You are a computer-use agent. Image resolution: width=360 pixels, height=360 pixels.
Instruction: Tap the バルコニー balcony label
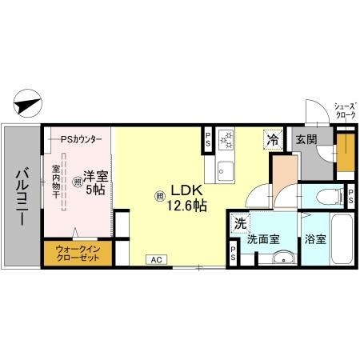[22, 196]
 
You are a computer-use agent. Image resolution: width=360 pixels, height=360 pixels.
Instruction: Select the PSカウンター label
[82, 139]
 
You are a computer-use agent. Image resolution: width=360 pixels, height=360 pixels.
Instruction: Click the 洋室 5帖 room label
[94, 182]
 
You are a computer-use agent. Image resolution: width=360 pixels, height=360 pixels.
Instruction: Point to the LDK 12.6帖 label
[186, 198]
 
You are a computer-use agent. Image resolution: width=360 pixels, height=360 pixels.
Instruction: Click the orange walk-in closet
[78, 254]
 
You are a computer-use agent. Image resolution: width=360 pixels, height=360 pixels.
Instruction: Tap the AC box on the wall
[157, 259]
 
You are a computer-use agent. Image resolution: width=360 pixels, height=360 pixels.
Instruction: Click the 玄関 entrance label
[306, 139]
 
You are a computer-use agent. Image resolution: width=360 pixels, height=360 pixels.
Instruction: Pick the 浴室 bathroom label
[313, 238]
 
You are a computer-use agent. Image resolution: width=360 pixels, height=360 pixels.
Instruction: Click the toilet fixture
[327, 196]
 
